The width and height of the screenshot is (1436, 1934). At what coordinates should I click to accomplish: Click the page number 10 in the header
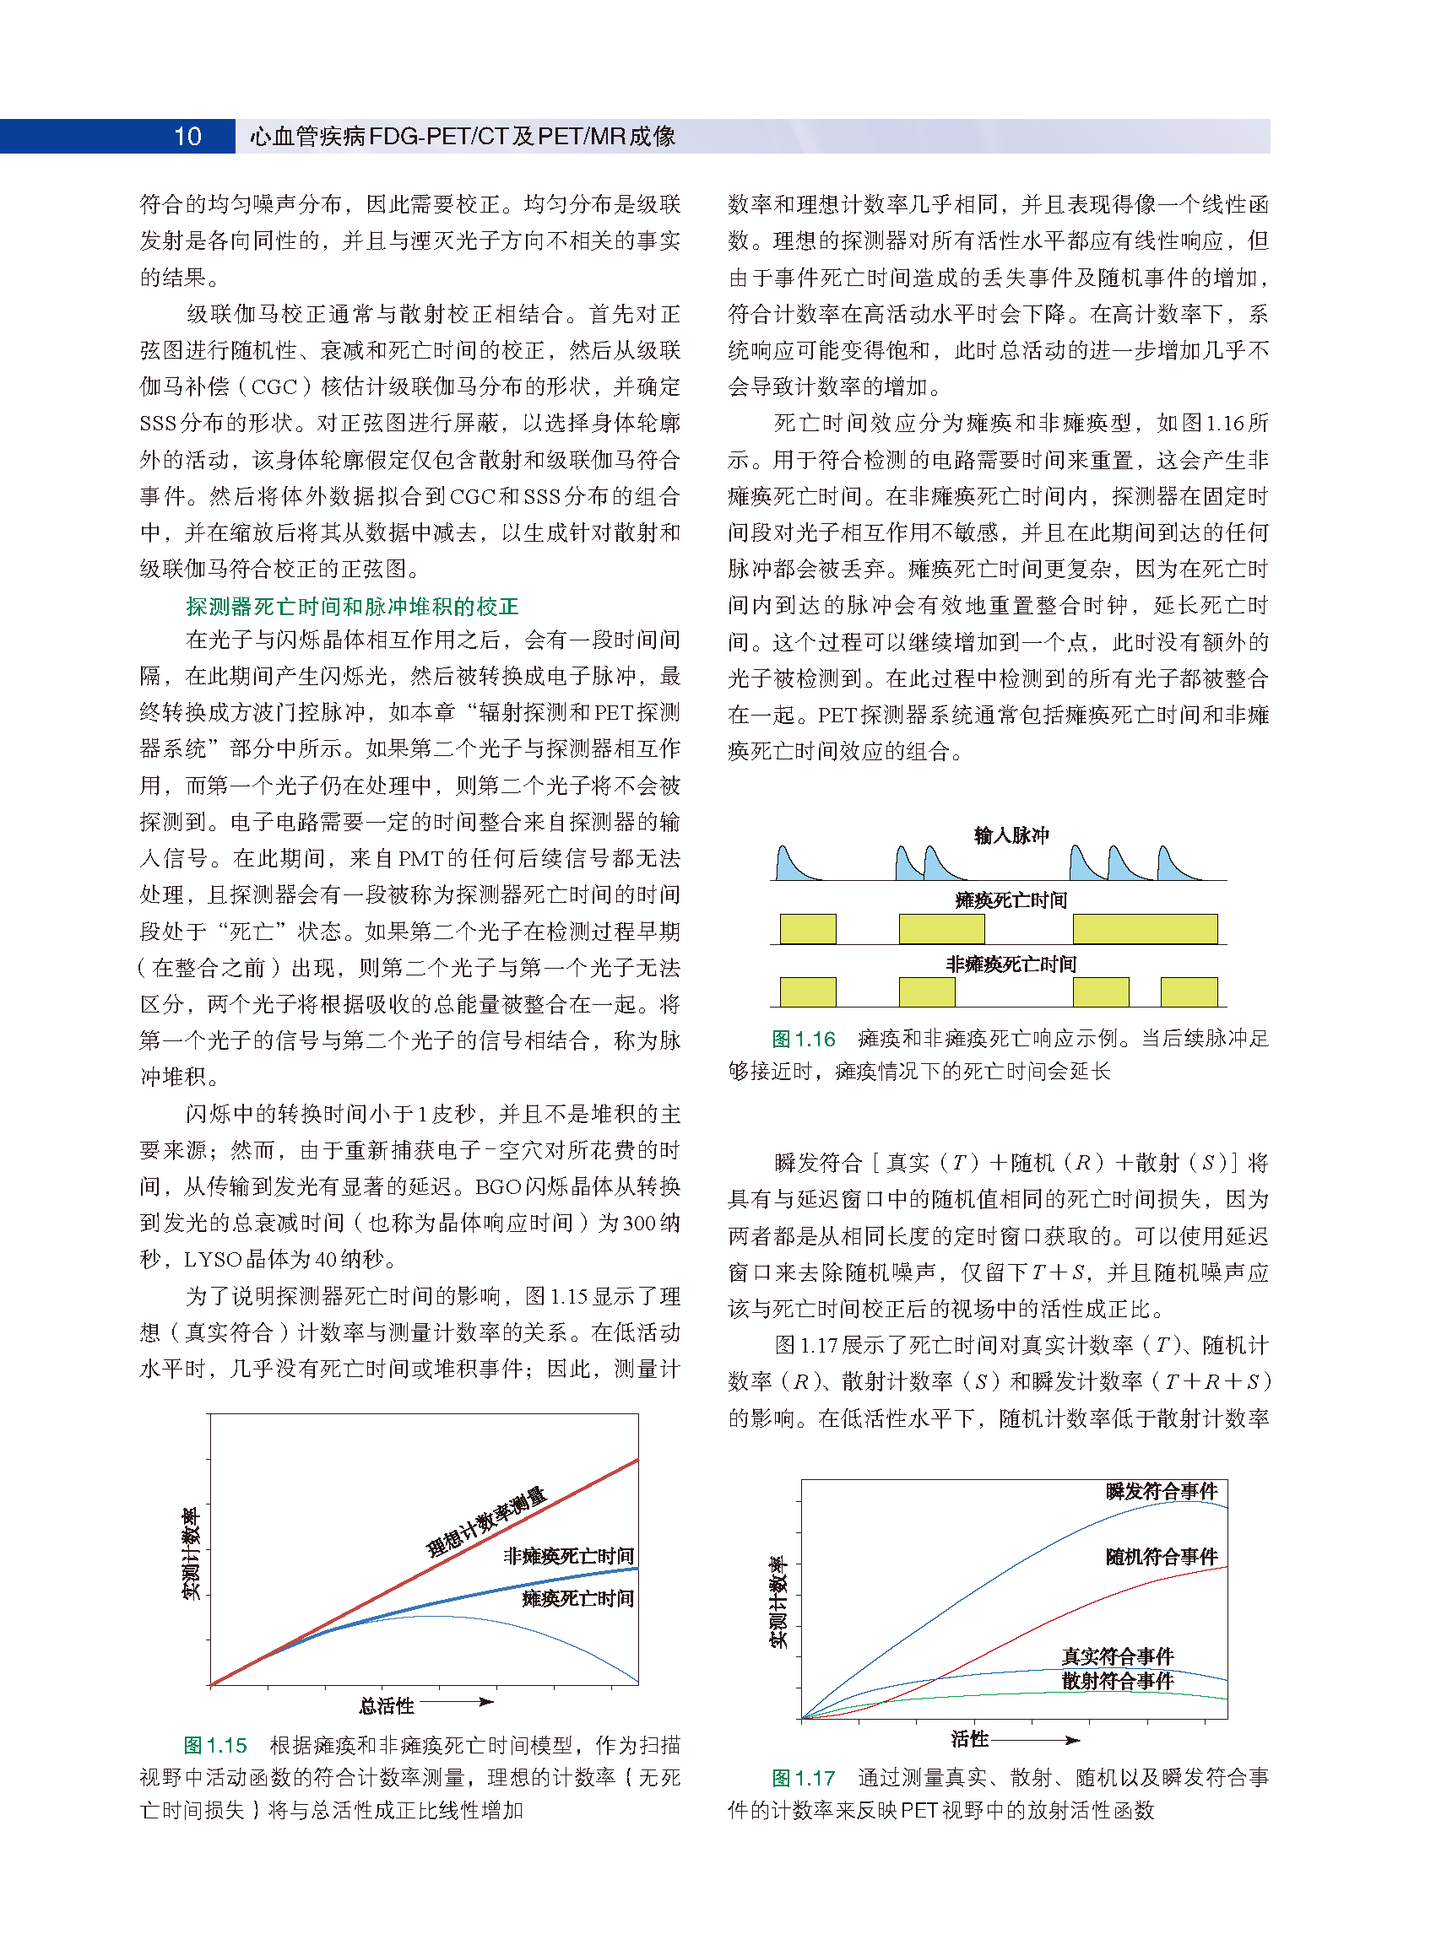[187, 137]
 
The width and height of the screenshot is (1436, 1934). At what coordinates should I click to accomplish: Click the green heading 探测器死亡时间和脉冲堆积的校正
[352, 606]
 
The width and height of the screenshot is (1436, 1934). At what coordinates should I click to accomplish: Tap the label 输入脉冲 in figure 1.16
[1011, 835]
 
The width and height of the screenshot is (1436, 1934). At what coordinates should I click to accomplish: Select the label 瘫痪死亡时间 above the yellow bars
[1011, 899]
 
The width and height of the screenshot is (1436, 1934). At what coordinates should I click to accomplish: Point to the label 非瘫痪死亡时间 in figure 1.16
[1011, 964]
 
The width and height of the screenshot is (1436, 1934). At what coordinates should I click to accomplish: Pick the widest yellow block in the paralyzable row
[1145, 929]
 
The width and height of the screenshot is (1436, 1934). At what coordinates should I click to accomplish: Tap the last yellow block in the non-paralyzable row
[1189, 991]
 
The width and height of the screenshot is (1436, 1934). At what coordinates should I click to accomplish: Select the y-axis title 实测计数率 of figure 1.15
[190, 1553]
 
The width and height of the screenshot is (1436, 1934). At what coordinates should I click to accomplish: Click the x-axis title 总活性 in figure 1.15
[387, 1705]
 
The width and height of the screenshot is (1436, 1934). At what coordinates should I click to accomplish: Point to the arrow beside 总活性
[458, 1702]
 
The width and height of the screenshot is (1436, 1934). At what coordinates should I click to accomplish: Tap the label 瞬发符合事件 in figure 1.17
[1162, 1491]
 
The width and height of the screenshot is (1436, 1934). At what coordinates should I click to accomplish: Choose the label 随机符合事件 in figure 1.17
[1162, 1556]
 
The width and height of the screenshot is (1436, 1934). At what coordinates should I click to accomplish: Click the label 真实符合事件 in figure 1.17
[1118, 1656]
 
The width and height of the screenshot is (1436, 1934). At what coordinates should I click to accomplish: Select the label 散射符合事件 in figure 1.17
[1118, 1680]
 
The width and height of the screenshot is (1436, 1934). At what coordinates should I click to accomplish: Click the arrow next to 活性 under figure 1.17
[1036, 1740]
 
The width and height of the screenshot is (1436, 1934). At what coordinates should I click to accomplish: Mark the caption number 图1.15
[215, 1745]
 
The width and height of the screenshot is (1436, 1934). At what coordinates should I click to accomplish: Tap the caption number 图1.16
[803, 1038]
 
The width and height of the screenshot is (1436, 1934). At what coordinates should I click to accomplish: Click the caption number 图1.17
[803, 1778]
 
